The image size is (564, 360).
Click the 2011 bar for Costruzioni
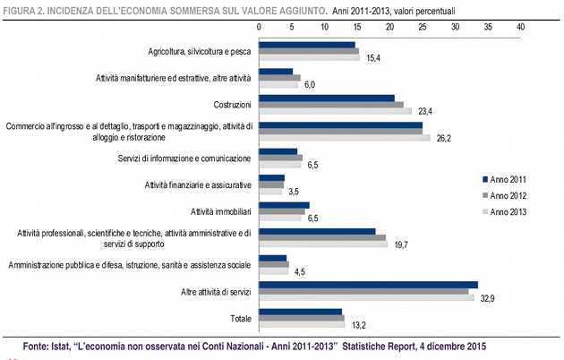point(326,98)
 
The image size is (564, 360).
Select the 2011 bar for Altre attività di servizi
point(368,284)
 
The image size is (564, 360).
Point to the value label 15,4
point(372,58)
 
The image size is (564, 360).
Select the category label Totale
point(239,318)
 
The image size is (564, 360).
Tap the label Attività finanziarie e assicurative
point(198,184)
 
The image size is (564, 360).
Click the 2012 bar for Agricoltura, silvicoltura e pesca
point(308,51)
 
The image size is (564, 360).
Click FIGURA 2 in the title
point(28,8)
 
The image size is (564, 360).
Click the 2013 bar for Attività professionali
point(322,244)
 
